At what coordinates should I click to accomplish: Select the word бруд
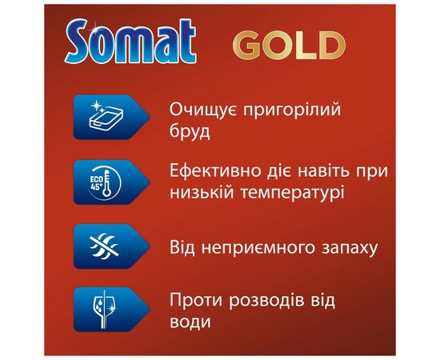point(191,131)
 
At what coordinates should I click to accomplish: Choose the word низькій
point(203,194)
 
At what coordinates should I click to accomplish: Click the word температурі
point(294,194)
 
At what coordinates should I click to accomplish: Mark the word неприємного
point(258,247)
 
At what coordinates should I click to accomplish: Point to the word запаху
point(346,247)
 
